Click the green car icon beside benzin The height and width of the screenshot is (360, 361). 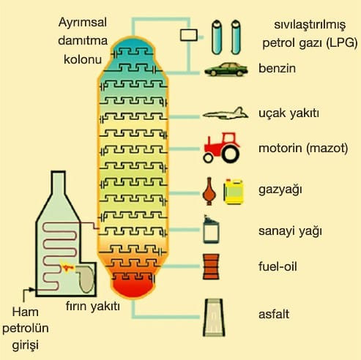226,70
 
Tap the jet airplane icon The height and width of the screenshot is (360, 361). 226,113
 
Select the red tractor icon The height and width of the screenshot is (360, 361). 222,148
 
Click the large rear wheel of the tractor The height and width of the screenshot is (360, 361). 230,154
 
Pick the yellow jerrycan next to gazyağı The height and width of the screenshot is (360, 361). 234,192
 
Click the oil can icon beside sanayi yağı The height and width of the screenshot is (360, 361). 211,230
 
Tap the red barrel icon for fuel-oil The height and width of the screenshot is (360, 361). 211,266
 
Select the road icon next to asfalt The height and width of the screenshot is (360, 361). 214,318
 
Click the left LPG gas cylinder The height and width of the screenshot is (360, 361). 217,37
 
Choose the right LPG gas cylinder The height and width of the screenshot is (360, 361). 236,37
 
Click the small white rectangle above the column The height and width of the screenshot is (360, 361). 189,35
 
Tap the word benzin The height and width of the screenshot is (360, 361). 277,68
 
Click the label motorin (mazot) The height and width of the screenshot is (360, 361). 303,148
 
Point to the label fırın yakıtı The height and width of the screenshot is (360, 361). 93,307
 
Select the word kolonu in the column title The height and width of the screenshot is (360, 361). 83,59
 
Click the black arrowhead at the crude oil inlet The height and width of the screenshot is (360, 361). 31,290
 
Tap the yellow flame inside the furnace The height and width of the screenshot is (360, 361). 66,267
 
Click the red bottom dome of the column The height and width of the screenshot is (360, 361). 133,288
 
